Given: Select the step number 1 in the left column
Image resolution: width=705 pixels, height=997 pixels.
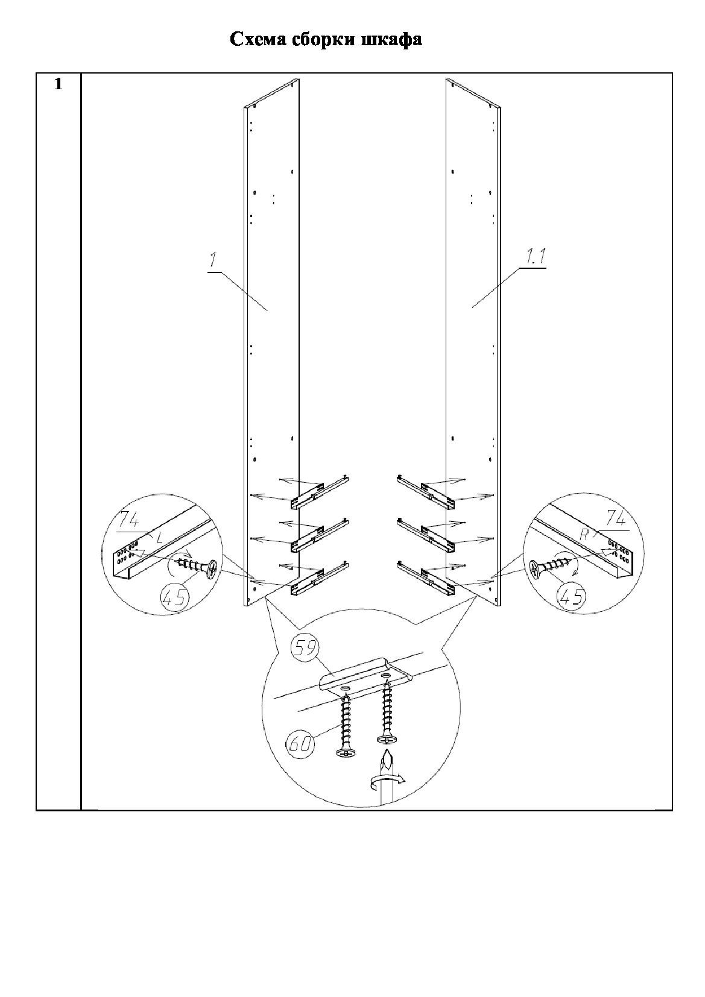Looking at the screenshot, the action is tap(58, 84).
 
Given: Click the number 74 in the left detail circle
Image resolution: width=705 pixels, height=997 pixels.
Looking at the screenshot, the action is tap(130, 521).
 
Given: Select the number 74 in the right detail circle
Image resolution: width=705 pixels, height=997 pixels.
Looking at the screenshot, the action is tap(617, 519).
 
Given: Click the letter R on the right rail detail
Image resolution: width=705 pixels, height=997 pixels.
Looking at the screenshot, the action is tap(585, 535).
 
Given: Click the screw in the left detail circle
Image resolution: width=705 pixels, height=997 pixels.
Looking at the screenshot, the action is tap(197, 567).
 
